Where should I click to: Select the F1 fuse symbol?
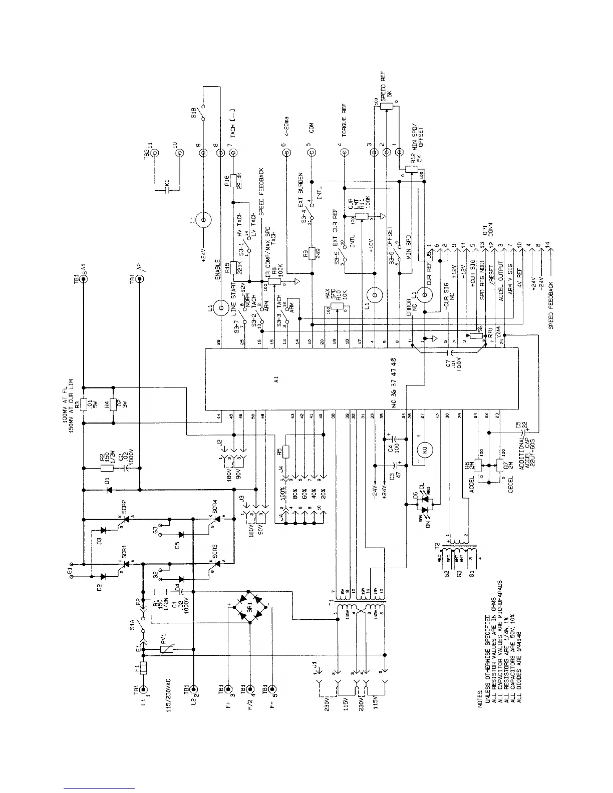(144, 668)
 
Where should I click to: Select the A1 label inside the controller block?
(276, 381)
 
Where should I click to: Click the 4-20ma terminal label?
(286, 123)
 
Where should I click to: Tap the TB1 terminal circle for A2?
(139, 279)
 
